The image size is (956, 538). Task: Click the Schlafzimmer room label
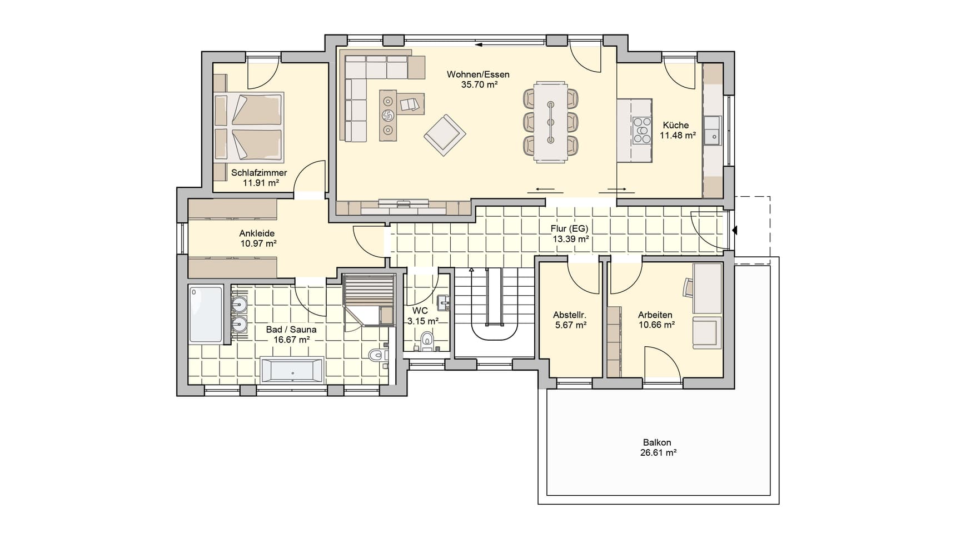[259, 173]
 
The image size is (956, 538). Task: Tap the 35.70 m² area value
[479, 84]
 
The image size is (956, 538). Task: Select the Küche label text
[675, 125]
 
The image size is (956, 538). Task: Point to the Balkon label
[657, 442]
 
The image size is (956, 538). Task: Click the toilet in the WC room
[427, 341]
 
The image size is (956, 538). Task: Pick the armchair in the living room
[445, 135]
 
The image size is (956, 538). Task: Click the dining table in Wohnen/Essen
[551, 122]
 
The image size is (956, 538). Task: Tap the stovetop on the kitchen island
[641, 131]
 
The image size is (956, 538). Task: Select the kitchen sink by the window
[712, 131]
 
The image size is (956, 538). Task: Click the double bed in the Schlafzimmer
[249, 126]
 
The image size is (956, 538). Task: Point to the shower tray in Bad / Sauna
[206, 314]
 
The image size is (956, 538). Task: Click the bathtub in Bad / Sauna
[292, 370]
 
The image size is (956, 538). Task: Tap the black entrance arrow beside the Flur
[735, 230]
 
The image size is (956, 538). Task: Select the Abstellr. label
[570, 315]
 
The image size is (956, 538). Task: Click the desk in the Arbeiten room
[708, 288]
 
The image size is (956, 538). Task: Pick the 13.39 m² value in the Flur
[571, 239]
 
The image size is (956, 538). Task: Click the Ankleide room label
[257, 233]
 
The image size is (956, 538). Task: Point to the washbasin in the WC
[443, 303]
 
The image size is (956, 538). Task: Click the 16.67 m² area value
[291, 340]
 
